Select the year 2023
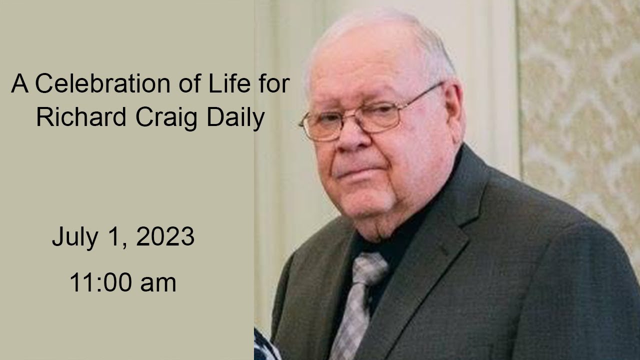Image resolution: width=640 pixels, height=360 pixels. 165,236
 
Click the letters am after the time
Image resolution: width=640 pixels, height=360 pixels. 158,283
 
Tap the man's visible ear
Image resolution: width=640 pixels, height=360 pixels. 452,115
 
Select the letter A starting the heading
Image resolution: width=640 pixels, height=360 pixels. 19,83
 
